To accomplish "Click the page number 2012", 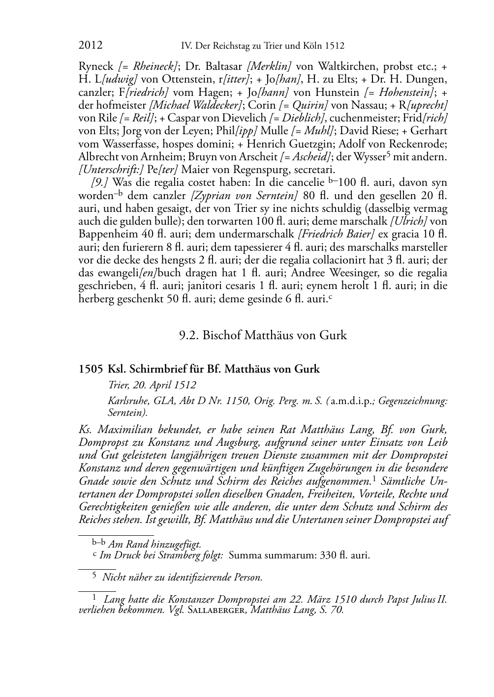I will click(x=91, y=46).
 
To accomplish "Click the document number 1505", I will click(x=91, y=369).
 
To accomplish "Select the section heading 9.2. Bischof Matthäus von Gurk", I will click(x=263, y=336).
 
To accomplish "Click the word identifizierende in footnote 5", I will click(x=197, y=578).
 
